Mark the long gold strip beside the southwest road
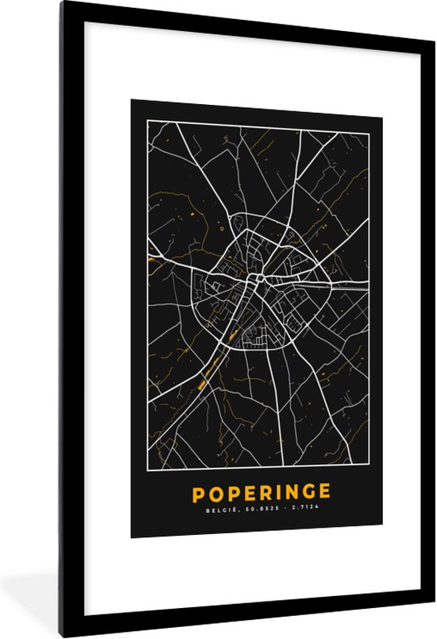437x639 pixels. tap(207, 373)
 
